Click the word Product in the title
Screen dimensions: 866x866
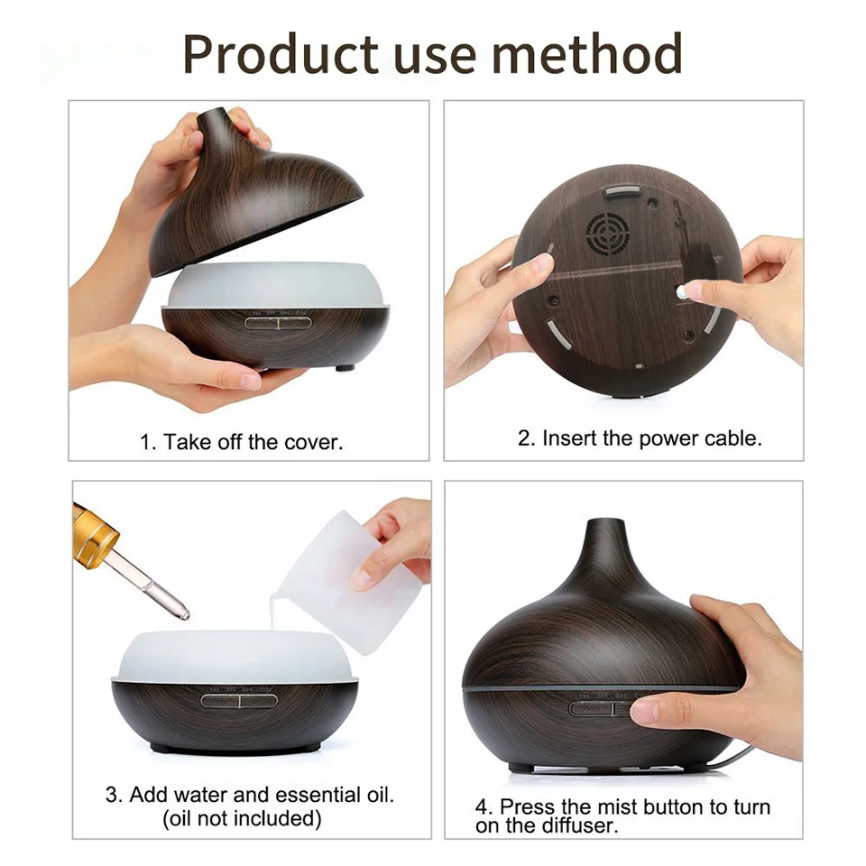pos(281,54)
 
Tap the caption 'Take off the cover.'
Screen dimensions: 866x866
pos(253,442)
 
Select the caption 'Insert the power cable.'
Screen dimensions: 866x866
pos(651,438)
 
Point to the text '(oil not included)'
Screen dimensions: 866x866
pos(242,818)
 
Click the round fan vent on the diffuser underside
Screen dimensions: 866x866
pos(608,234)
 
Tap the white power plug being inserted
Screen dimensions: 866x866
pos(684,292)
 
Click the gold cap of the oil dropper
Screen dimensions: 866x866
pos(94,535)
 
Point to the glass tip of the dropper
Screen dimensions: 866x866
pos(182,612)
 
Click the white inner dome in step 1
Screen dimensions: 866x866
pos(275,285)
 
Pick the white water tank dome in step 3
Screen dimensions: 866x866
pos(235,656)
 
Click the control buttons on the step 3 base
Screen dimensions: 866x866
pos(239,701)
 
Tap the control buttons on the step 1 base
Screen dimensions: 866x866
pos(278,323)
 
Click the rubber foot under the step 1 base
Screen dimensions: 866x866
pos(345,367)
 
